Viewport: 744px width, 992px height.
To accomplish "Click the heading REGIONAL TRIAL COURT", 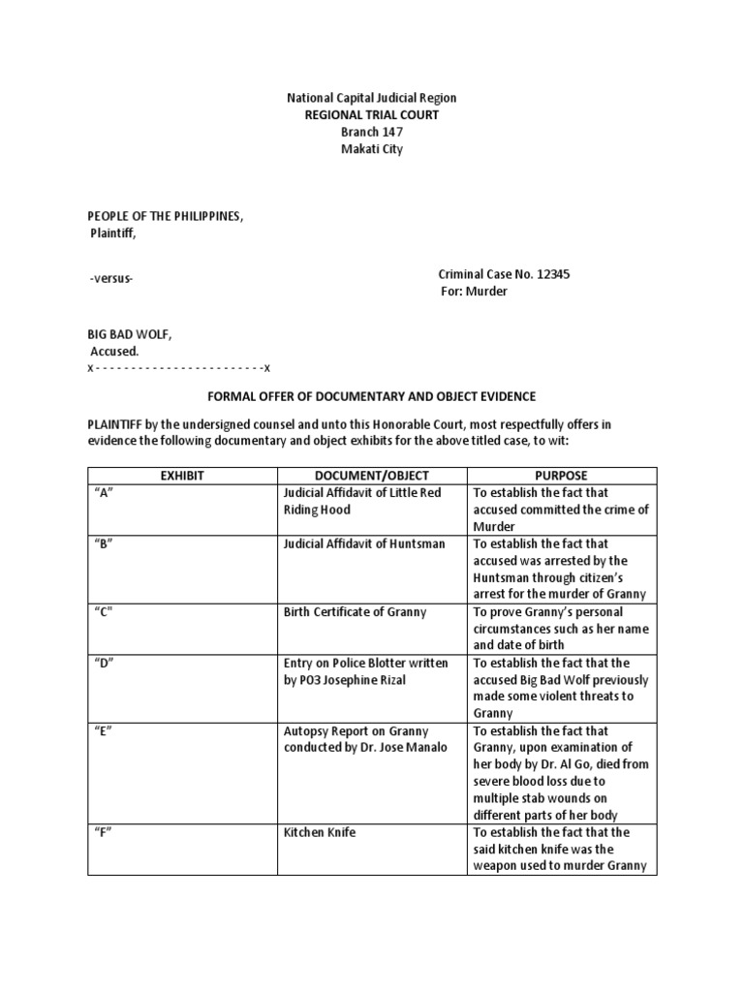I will click(x=371, y=115).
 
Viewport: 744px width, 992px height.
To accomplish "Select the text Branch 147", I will click(x=371, y=133).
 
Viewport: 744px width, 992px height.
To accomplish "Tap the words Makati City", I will click(x=371, y=149).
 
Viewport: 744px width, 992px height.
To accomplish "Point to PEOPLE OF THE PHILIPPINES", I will click(x=165, y=215).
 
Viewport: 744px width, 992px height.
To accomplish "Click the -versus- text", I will click(x=111, y=279).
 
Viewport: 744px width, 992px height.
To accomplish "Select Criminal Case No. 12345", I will click(x=504, y=274).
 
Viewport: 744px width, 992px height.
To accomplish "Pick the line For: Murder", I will click(x=475, y=292).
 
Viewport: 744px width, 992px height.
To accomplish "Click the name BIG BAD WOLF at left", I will click(x=129, y=334).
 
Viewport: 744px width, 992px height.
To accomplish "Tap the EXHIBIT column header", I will click(x=182, y=476).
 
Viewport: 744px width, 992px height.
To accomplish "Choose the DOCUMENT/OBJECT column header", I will click(x=372, y=476).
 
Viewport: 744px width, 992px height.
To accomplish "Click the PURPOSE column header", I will click(x=562, y=476).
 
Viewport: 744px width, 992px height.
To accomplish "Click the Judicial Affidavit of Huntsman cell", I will click(x=364, y=543).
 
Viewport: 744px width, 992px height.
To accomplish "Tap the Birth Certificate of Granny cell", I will click(x=355, y=612).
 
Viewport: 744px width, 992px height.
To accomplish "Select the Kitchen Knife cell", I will click(x=320, y=832).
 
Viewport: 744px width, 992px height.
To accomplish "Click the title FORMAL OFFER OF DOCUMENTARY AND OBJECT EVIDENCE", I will click(x=372, y=397).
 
